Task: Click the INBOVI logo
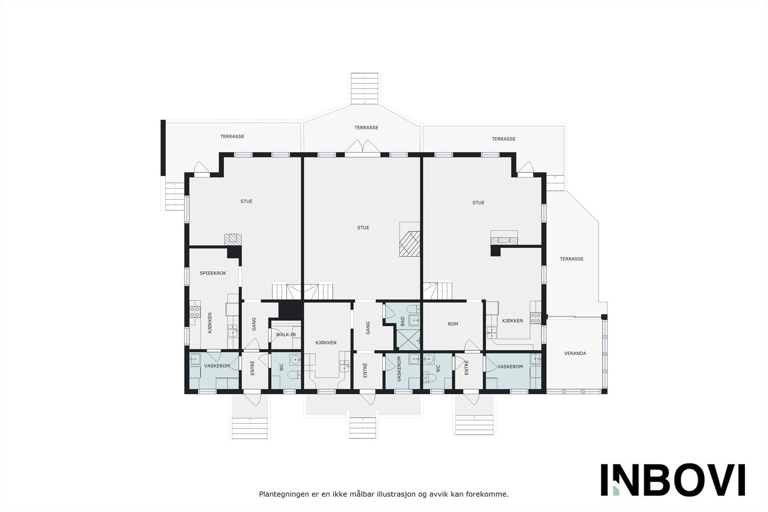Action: click(x=672, y=479)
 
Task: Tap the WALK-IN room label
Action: click(x=286, y=334)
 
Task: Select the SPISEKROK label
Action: click(x=213, y=273)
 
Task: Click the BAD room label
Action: click(x=403, y=321)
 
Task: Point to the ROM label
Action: click(x=453, y=324)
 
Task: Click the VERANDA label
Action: click(x=575, y=353)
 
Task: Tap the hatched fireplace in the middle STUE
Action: click(x=410, y=244)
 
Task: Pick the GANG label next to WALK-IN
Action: click(x=254, y=324)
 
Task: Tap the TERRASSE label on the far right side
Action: click(x=571, y=259)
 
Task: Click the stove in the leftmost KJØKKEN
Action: click(x=195, y=312)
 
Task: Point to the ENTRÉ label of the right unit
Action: click(x=466, y=368)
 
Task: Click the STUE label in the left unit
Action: click(x=246, y=202)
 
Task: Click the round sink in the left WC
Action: click(x=295, y=359)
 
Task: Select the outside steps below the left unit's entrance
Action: click(x=250, y=428)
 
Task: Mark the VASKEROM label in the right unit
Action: click(x=510, y=367)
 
